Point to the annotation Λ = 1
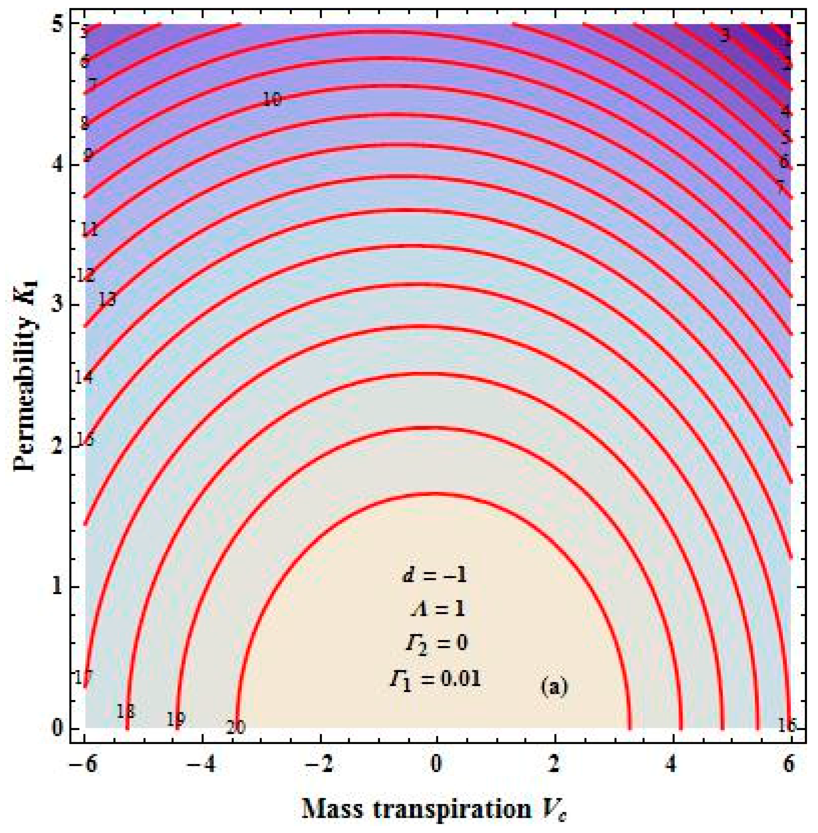436,610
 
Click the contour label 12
85,276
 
